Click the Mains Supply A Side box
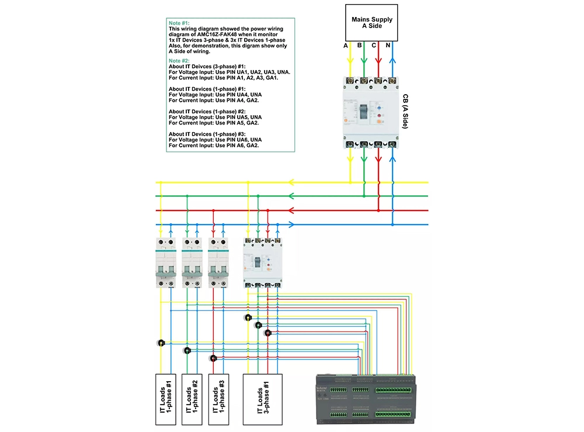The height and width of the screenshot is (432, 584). point(371,23)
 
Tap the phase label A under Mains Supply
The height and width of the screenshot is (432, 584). point(346,45)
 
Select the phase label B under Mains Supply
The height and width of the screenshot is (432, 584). point(360,45)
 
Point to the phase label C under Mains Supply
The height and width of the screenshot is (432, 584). point(374,45)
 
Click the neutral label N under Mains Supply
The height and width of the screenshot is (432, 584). point(388,45)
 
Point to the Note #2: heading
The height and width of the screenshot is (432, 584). point(179,61)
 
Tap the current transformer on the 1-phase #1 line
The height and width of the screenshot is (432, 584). point(161,343)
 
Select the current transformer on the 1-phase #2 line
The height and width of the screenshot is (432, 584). point(187,351)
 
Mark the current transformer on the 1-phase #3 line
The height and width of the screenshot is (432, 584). point(213,358)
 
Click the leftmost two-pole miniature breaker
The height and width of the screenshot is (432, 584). point(165,263)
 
